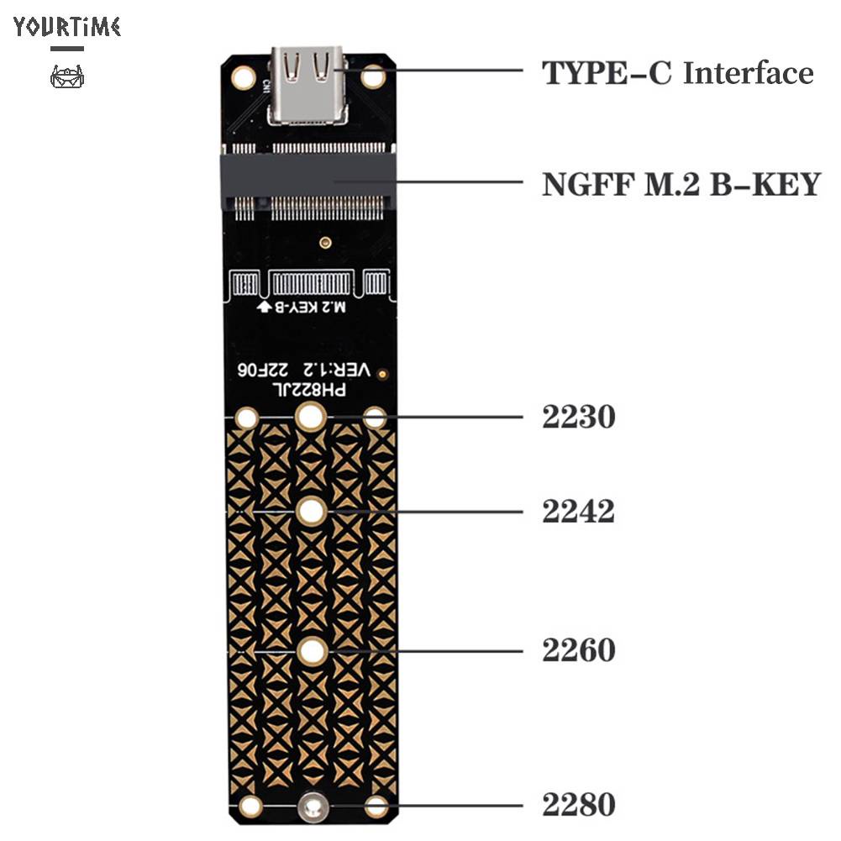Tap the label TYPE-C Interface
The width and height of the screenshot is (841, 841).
pos(677,73)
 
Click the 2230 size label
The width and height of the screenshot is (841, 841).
pos(579,417)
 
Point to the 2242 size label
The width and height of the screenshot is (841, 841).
pos(579,511)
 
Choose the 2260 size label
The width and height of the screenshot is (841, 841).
pos(579,650)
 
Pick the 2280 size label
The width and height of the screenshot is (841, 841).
pos(579,804)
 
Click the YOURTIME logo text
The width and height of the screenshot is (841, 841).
pos(67,27)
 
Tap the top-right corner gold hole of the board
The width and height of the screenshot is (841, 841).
pos(373,77)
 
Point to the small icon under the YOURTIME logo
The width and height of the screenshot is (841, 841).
pos(67,78)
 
